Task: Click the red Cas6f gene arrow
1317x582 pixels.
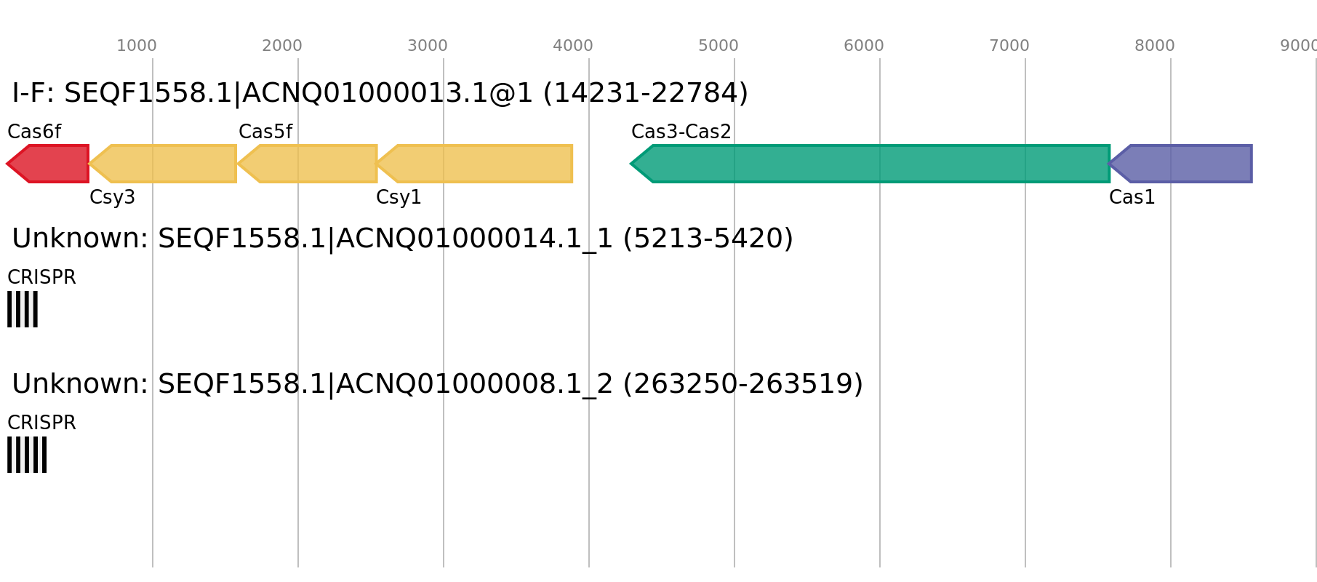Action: pos(48,164)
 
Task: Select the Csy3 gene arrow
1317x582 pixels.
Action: pos(163,164)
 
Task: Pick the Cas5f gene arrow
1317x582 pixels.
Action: pos(308,164)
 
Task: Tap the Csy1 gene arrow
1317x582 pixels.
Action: pos(475,164)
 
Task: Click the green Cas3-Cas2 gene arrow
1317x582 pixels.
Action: pos(870,164)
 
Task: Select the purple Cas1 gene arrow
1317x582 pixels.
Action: pos(1180,164)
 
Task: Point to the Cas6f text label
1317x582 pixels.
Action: pos(34,132)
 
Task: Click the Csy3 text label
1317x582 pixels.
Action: pos(113,197)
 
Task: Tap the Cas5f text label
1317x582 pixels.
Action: pos(265,132)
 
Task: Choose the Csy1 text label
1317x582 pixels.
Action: pos(399,197)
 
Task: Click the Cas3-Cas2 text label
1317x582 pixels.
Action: pos(681,132)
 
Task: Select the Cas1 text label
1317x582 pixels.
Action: pos(1132,197)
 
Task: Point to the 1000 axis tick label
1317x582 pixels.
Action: pos(137,46)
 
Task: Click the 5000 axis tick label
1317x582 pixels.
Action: pos(718,46)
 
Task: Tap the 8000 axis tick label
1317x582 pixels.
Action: pos(1155,46)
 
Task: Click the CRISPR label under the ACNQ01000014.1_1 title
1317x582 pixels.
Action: pos(41,277)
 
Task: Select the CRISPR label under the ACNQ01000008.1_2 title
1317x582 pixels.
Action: pos(41,423)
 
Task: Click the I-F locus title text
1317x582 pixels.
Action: pos(380,93)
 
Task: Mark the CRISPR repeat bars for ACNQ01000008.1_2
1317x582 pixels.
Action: pos(27,455)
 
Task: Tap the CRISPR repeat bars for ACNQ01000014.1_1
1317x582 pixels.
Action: pos(23,309)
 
